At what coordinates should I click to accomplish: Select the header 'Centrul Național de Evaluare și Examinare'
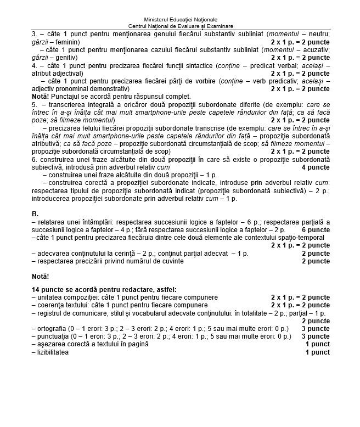tap(180, 26)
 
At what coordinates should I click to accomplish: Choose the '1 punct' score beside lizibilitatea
tap(318, 352)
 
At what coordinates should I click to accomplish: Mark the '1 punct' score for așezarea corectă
tap(318, 344)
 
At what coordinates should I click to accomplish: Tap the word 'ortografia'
tap(53, 328)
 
